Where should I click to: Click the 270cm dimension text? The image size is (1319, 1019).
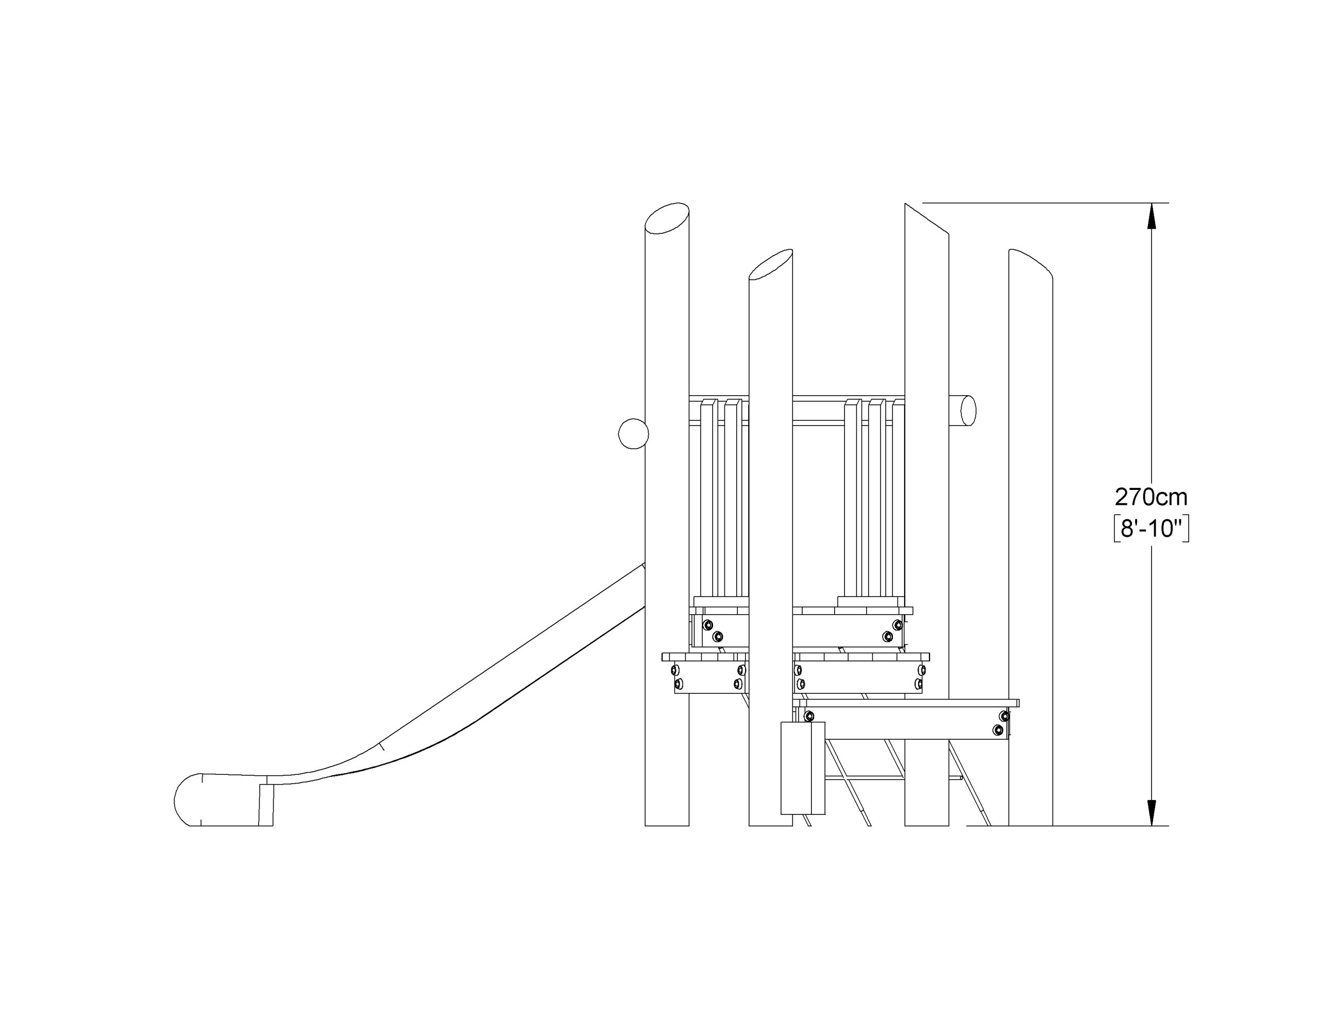(1151, 497)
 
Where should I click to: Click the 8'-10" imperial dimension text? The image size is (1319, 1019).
(1151, 529)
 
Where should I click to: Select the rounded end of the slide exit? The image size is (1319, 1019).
(187, 799)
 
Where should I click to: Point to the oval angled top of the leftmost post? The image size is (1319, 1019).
(667, 218)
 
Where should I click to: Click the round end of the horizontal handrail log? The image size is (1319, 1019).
(968, 411)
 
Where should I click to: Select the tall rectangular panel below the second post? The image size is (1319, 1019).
(803, 767)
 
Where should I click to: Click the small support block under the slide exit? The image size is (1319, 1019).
(266, 805)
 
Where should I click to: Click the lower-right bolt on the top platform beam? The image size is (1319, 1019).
(887, 636)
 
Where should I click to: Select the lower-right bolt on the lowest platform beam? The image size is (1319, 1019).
(997, 729)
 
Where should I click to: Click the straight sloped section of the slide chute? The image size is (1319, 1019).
(513, 665)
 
